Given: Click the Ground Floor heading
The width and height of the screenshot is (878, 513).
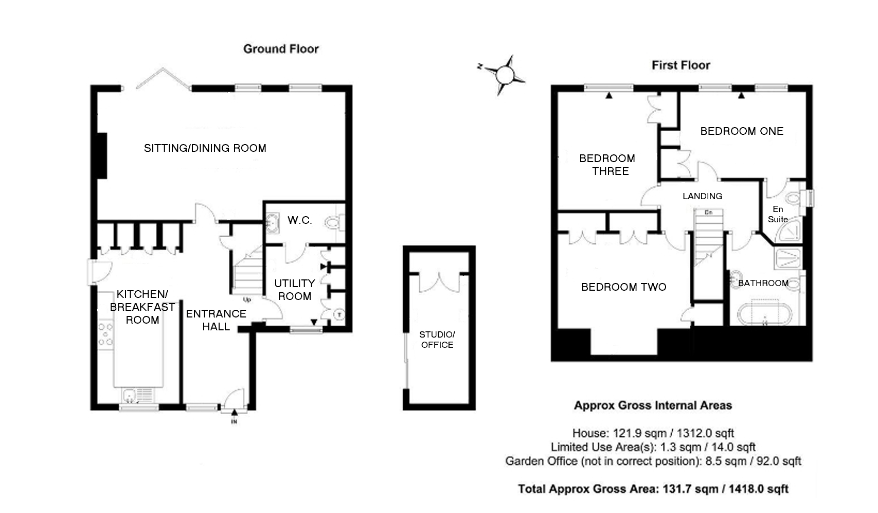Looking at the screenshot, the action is [x=281, y=49].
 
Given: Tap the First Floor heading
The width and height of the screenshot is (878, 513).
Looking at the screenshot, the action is [x=681, y=65].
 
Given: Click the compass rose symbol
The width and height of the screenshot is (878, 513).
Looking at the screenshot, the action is [x=505, y=75].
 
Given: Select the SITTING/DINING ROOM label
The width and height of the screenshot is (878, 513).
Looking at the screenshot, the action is [x=205, y=148].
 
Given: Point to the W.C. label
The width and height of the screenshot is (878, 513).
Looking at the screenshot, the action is [x=300, y=220].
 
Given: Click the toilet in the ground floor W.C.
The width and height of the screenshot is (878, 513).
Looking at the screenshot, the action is [x=334, y=223].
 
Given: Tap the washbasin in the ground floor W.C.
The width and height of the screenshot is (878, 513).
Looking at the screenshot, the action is [x=273, y=223].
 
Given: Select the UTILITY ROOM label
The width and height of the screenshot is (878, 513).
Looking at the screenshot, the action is [x=295, y=290].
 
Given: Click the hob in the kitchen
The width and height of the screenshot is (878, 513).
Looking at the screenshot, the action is [x=105, y=334].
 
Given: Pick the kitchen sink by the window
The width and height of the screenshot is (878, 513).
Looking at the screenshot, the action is [x=137, y=395].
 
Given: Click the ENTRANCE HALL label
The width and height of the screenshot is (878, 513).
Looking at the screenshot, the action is [x=216, y=320].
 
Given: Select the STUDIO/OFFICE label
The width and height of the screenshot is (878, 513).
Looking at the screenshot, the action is [x=437, y=340].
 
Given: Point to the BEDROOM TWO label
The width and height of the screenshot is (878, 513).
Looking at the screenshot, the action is [x=623, y=287].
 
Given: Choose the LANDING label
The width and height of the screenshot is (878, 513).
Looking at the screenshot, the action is [x=703, y=196].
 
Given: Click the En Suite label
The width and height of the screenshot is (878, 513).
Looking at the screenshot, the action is [x=778, y=214].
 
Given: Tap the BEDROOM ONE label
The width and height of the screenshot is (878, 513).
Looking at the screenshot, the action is [x=742, y=131].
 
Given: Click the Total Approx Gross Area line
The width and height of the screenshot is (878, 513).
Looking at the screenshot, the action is [x=653, y=489].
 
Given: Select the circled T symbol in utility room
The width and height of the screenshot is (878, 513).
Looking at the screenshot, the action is [x=339, y=314].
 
